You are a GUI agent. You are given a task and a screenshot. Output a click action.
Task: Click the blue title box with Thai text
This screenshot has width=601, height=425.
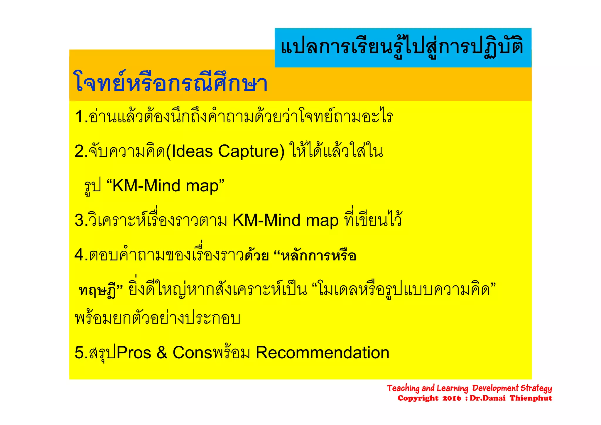[403, 48]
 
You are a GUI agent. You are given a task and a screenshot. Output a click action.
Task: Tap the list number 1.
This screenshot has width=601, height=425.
[80, 117]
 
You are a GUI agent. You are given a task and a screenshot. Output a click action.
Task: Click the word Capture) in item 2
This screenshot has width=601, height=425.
[251, 151]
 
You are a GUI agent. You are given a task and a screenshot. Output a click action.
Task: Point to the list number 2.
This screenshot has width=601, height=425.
[80, 151]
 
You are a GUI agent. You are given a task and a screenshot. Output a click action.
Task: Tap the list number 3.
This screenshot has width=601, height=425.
[80, 220]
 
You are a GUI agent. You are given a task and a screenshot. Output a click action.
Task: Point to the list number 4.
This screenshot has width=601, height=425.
[80, 255]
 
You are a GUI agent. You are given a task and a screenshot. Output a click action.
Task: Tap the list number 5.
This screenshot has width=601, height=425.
[80, 353]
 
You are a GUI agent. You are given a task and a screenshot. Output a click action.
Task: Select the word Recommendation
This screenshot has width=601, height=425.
[322, 353]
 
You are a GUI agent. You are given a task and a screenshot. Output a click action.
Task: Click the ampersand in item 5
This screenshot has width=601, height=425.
[162, 353]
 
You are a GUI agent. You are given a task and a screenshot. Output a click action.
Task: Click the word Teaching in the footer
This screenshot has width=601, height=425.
[403, 388]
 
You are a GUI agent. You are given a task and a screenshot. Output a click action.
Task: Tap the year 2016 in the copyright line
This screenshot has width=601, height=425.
[452, 398]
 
